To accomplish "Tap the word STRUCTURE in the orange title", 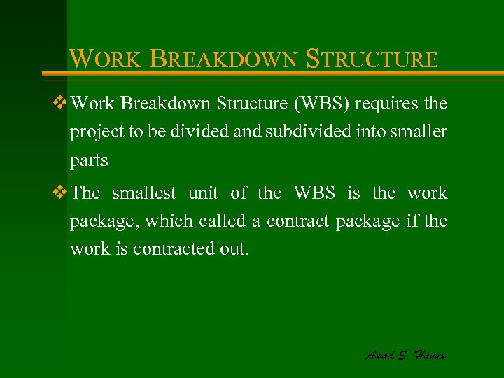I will [372, 59].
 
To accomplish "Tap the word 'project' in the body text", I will [92, 133].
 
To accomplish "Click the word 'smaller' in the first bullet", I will [421, 132].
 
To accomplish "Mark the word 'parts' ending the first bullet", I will [89, 161].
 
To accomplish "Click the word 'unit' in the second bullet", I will [204, 192].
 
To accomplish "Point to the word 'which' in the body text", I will [171, 220].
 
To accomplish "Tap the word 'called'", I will [218, 220].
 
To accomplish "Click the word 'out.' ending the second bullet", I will [234, 248].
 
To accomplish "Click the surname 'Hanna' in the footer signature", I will [428, 355].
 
